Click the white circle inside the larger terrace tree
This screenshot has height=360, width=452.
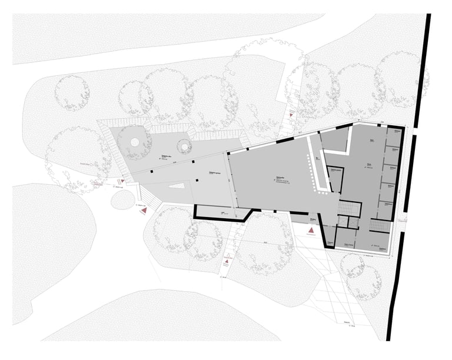(135, 142)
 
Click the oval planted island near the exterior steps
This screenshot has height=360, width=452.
(122, 200)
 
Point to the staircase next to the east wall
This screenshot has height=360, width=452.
(379, 226)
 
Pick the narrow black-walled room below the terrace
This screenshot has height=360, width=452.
(220, 212)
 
